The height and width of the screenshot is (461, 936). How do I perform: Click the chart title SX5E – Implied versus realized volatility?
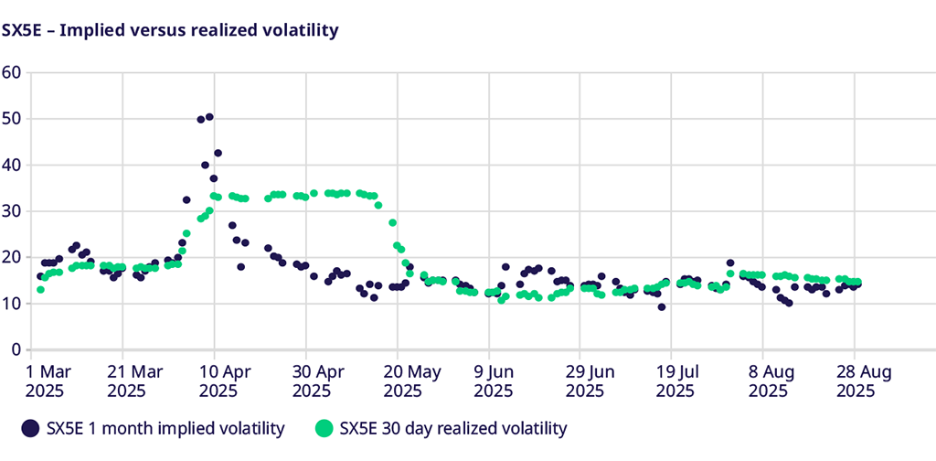pyautogui.click(x=170, y=30)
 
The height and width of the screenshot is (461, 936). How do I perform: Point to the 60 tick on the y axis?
pyautogui.click(x=12, y=72)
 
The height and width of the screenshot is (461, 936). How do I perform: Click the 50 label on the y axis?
pyautogui.click(x=12, y=119)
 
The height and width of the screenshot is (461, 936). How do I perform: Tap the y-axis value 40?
pyautogui.click(x=12, y=165)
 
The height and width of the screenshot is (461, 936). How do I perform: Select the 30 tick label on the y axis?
pyautogui.click(x=12, y=211)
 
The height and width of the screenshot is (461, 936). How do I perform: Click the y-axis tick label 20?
pyautogui.click(x=12, y=257)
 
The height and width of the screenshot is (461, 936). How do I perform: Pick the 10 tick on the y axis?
pyautogui.click(x=12, y=304)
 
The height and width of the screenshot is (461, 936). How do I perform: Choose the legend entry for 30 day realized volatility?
pyautogui.click(x=441, y=427)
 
